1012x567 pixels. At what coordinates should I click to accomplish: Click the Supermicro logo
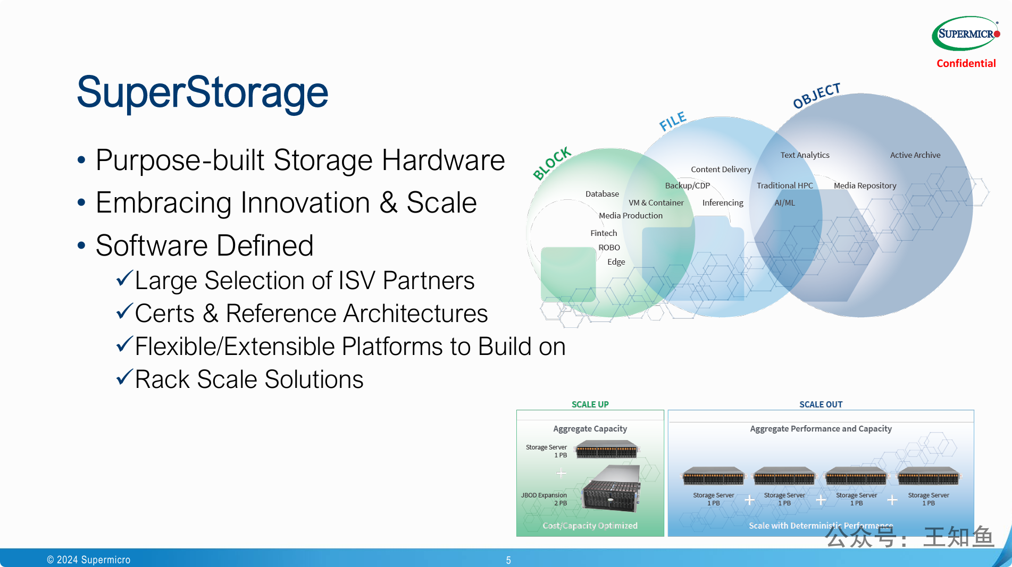pos(965,33)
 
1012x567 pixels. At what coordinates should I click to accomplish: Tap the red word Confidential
pos(966,63)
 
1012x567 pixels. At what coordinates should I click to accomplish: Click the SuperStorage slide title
pos(202,92)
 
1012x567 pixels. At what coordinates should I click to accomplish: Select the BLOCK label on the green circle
pos(551,163)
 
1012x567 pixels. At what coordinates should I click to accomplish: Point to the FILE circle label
pos(673,121)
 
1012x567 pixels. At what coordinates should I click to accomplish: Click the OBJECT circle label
pos(816,96)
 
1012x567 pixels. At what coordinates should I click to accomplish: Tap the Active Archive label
pos(915,155)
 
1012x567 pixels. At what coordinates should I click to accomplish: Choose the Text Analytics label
pos(805,155)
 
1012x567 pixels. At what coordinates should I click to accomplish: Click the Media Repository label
pos(865,185)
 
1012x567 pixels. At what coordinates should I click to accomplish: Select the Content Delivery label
pos(721,170)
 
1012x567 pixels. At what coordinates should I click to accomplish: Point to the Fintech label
pos(604,233)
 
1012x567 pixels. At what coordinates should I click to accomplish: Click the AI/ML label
pos(784,203)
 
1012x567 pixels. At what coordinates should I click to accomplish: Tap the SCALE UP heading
pos(590,404)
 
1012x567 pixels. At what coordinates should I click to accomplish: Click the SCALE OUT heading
pos(821,404)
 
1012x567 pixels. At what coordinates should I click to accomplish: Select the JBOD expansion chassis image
pos(612,489)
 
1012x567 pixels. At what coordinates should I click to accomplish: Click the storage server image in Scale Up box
pos(606,450)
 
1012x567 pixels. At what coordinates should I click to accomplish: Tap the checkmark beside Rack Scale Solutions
pos(124,377)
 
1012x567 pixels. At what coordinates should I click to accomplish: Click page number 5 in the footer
pos(508,560)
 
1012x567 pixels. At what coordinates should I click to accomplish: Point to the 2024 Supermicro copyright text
pos(89,560)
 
